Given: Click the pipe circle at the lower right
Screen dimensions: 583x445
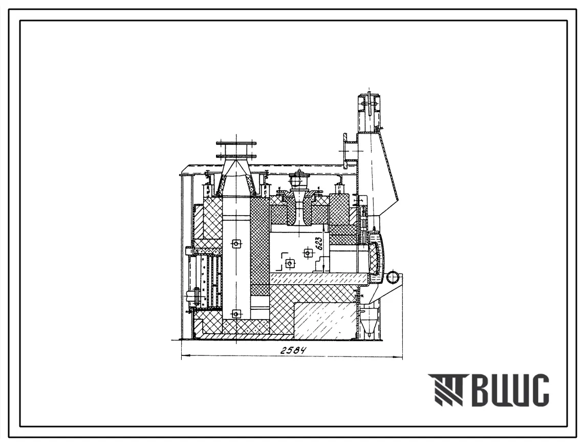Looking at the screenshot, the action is coord(394,278).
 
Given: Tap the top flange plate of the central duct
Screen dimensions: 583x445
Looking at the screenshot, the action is coord(236,143).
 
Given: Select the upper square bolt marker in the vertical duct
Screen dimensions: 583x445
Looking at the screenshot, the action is coord(235,244).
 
